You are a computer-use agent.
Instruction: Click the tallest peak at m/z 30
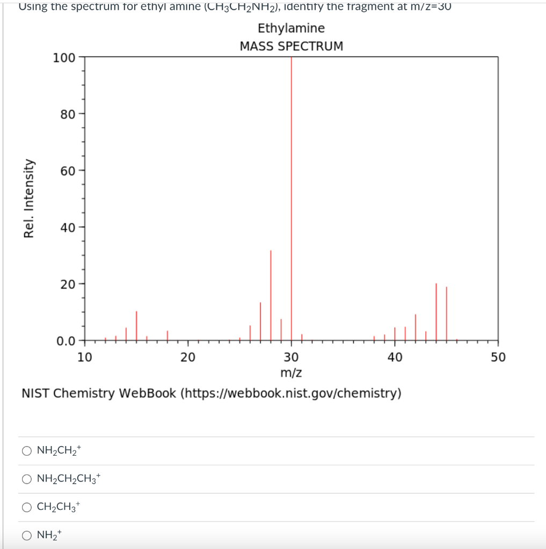point(291,198)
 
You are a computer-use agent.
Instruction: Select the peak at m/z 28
point(271,295)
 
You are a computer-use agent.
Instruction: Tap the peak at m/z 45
point(446,314)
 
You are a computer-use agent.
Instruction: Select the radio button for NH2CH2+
point(27,451)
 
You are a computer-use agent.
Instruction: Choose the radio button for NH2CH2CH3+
point(27,479)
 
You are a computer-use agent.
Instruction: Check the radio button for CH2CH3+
point(27,507)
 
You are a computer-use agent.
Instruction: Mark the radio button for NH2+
point(27,535)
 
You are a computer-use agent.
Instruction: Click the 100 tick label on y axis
point(64,57)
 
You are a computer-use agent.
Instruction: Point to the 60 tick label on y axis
point(68,171)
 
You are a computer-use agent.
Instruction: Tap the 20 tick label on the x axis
point(187,358)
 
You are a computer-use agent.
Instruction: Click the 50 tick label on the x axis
point(498,358)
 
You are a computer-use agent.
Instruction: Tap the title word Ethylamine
point(291,28)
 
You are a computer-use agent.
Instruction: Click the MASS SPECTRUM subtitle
point(291,46)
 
